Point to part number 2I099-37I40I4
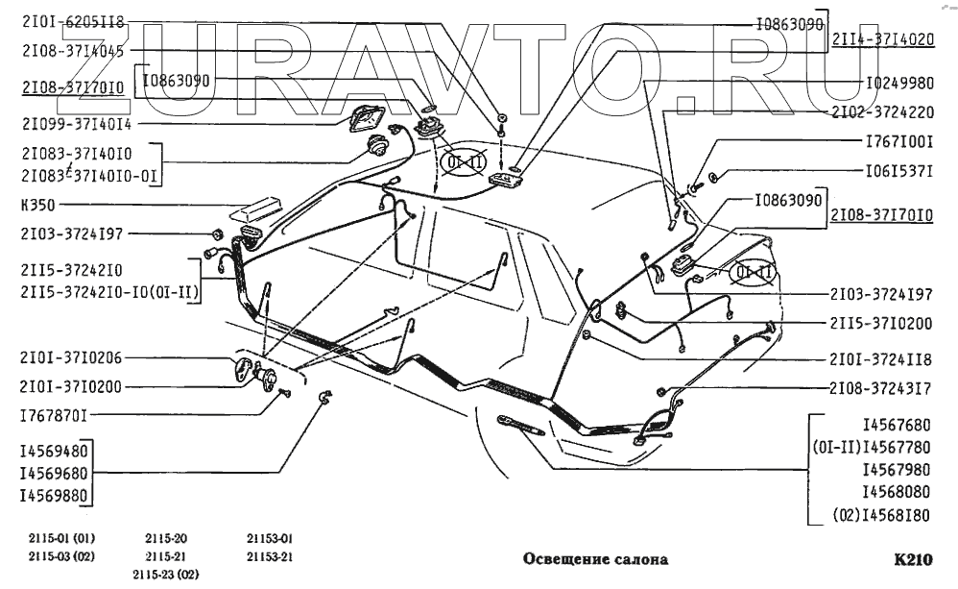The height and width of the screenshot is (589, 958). click(x=77, y=124)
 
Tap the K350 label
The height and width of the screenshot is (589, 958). click(x=37, y=205)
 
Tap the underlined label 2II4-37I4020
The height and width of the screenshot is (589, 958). click(x=881, y=40)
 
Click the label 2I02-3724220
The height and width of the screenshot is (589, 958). click(x=880, y=111)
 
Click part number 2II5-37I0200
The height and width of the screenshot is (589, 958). click(x=880, y=323)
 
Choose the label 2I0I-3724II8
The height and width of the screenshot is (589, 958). click(x=880, y=359)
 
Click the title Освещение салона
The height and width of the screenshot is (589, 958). click(x=594, y=558)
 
